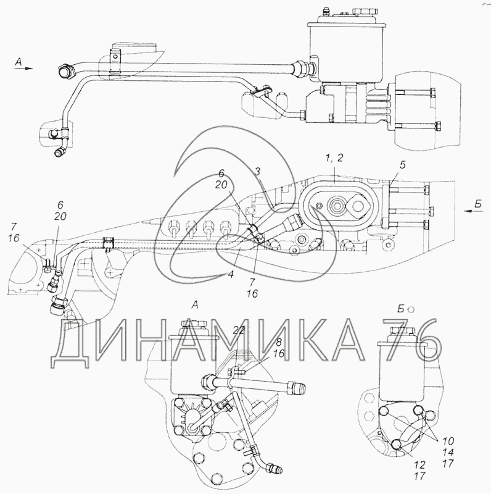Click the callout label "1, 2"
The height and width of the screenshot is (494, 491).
pos(334,158)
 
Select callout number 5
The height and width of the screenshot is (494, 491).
pos(403,165)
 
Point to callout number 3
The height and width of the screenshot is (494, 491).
pos(257,172)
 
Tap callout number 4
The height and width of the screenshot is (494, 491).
pos(231,274)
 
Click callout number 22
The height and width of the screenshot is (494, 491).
pos(239,330)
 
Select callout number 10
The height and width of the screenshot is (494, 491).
pos(448,441)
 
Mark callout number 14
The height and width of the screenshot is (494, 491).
pos(448,453)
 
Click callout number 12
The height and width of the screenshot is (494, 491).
pos(420,465)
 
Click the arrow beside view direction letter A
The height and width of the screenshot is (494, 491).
pos(28,68)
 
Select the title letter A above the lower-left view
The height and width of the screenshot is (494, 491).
pos(195,305)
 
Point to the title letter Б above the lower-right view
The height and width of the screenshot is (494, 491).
pos(401,309)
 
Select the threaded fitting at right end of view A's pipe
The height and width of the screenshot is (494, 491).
pos(298,387)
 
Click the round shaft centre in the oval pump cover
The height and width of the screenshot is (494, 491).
pos(336,206)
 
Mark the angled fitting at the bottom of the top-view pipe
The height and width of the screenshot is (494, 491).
pos(60,152)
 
